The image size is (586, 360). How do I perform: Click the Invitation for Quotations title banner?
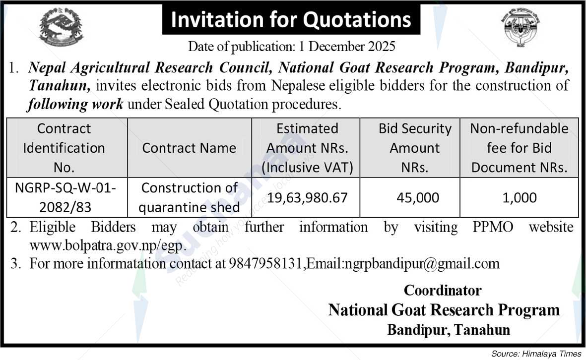coord(291,20)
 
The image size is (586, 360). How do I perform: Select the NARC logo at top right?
coord(520,27)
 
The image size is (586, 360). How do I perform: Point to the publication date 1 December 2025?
coord(347,47)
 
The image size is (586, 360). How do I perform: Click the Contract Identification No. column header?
coord(64,148)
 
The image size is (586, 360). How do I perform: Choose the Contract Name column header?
coord(189,148)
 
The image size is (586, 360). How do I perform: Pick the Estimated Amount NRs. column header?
coord(307,148)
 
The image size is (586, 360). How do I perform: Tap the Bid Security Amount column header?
coord(415,148)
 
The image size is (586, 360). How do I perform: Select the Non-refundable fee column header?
coord(519,148)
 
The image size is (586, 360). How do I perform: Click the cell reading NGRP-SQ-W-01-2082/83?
coord(64,197)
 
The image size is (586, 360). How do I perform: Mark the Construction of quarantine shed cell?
coord(189,197)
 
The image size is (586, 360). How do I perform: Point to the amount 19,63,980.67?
coord(307,198)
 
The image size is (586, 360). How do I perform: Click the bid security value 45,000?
coord(418,198)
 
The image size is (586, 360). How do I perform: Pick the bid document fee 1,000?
coord(519,198)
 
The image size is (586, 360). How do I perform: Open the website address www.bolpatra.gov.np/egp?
coord(108,246)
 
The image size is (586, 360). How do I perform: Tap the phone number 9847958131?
coord(266,263)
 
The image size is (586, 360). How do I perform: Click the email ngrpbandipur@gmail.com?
coord(421,263)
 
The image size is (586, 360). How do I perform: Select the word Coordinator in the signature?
coord(443,290)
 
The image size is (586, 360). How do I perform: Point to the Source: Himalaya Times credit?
coord(536,354)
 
